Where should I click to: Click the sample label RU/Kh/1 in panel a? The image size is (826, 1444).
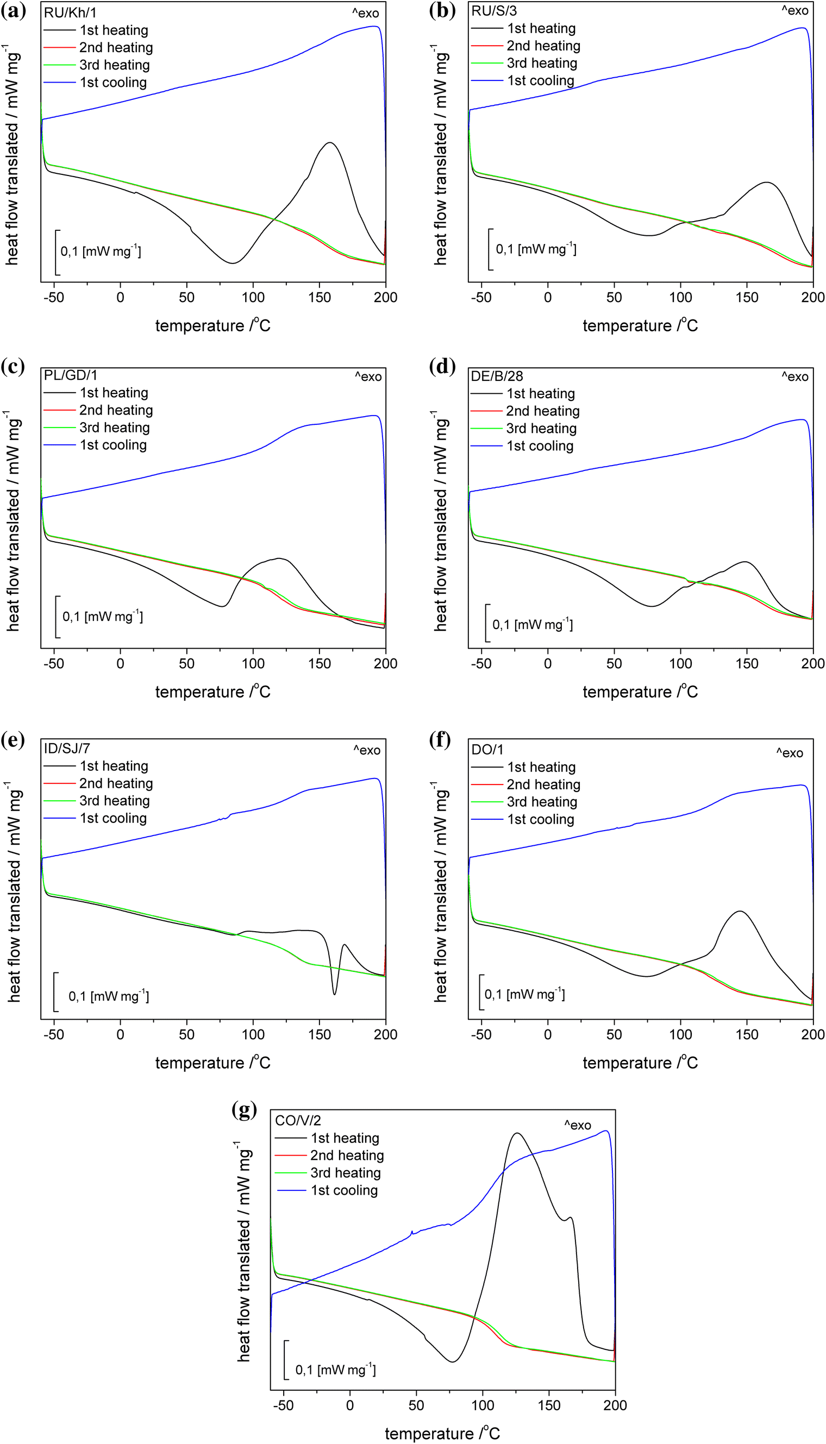point(70,12)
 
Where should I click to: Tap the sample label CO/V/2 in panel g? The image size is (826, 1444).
point(298,1120)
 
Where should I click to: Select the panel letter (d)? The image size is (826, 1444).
point(442,366)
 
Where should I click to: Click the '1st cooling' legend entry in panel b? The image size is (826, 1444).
point(540,80)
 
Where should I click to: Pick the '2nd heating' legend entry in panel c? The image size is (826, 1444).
point(116,410)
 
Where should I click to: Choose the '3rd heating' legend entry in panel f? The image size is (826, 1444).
point(542,802)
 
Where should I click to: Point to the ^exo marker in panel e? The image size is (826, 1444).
point(366,750)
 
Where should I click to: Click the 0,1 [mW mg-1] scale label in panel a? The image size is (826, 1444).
point(101,250)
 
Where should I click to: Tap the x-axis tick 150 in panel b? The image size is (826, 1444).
point(747,297)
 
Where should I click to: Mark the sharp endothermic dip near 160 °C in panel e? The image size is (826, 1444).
point(335,994)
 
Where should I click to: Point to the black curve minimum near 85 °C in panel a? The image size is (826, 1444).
point(231,263)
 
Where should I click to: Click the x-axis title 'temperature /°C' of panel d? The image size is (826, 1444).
point(640,692)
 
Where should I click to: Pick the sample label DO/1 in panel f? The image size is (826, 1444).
point(487,750)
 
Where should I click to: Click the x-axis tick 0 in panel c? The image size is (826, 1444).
point(120,663)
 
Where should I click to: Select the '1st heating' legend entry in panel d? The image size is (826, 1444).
point(540,394)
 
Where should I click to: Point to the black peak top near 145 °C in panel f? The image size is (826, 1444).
point(740,912)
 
